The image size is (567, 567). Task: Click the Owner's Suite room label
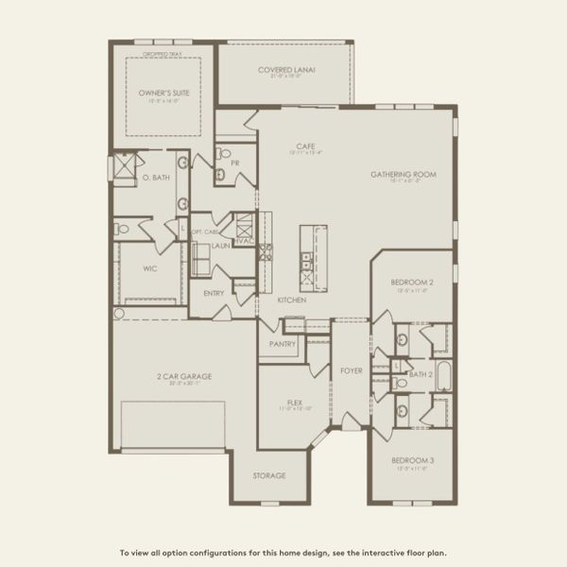tap(158, 94)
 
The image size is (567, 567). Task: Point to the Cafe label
tap(304, 146)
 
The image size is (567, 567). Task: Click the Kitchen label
tap(291, 300)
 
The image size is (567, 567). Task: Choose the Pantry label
tap(283, 344)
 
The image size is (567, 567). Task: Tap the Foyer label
tap(351, 369)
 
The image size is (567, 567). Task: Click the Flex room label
tap(294, 402)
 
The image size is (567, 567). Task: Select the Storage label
tap(268, 475)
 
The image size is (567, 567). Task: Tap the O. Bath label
tap(155, 178)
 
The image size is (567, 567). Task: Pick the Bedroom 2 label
tap(412, 283)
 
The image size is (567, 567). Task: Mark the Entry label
tap(214, 293)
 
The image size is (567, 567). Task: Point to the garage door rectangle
tap(173, 423)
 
